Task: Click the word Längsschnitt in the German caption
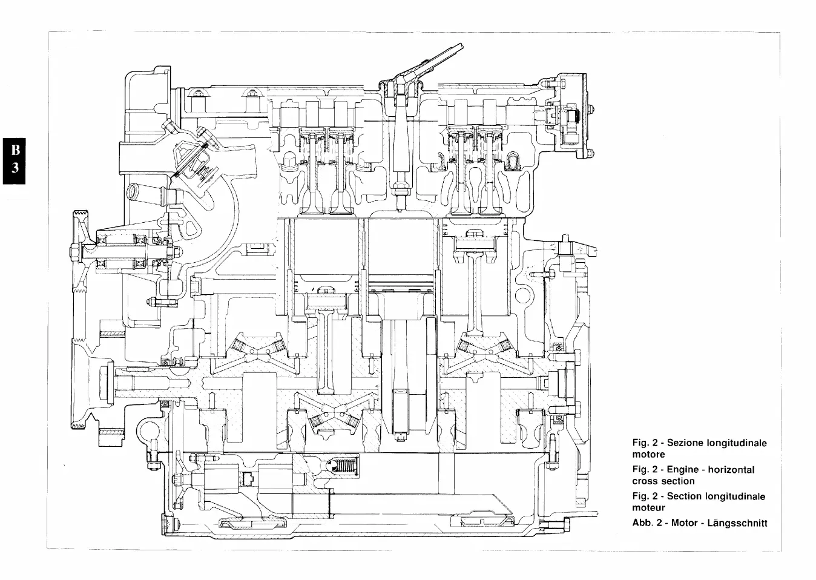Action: [737, 522]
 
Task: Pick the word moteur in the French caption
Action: [648, 507]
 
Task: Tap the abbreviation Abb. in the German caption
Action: [642, 522]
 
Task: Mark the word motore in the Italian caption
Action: [648, 454]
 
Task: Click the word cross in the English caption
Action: [645, 481]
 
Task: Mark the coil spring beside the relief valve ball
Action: [346, 467]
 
